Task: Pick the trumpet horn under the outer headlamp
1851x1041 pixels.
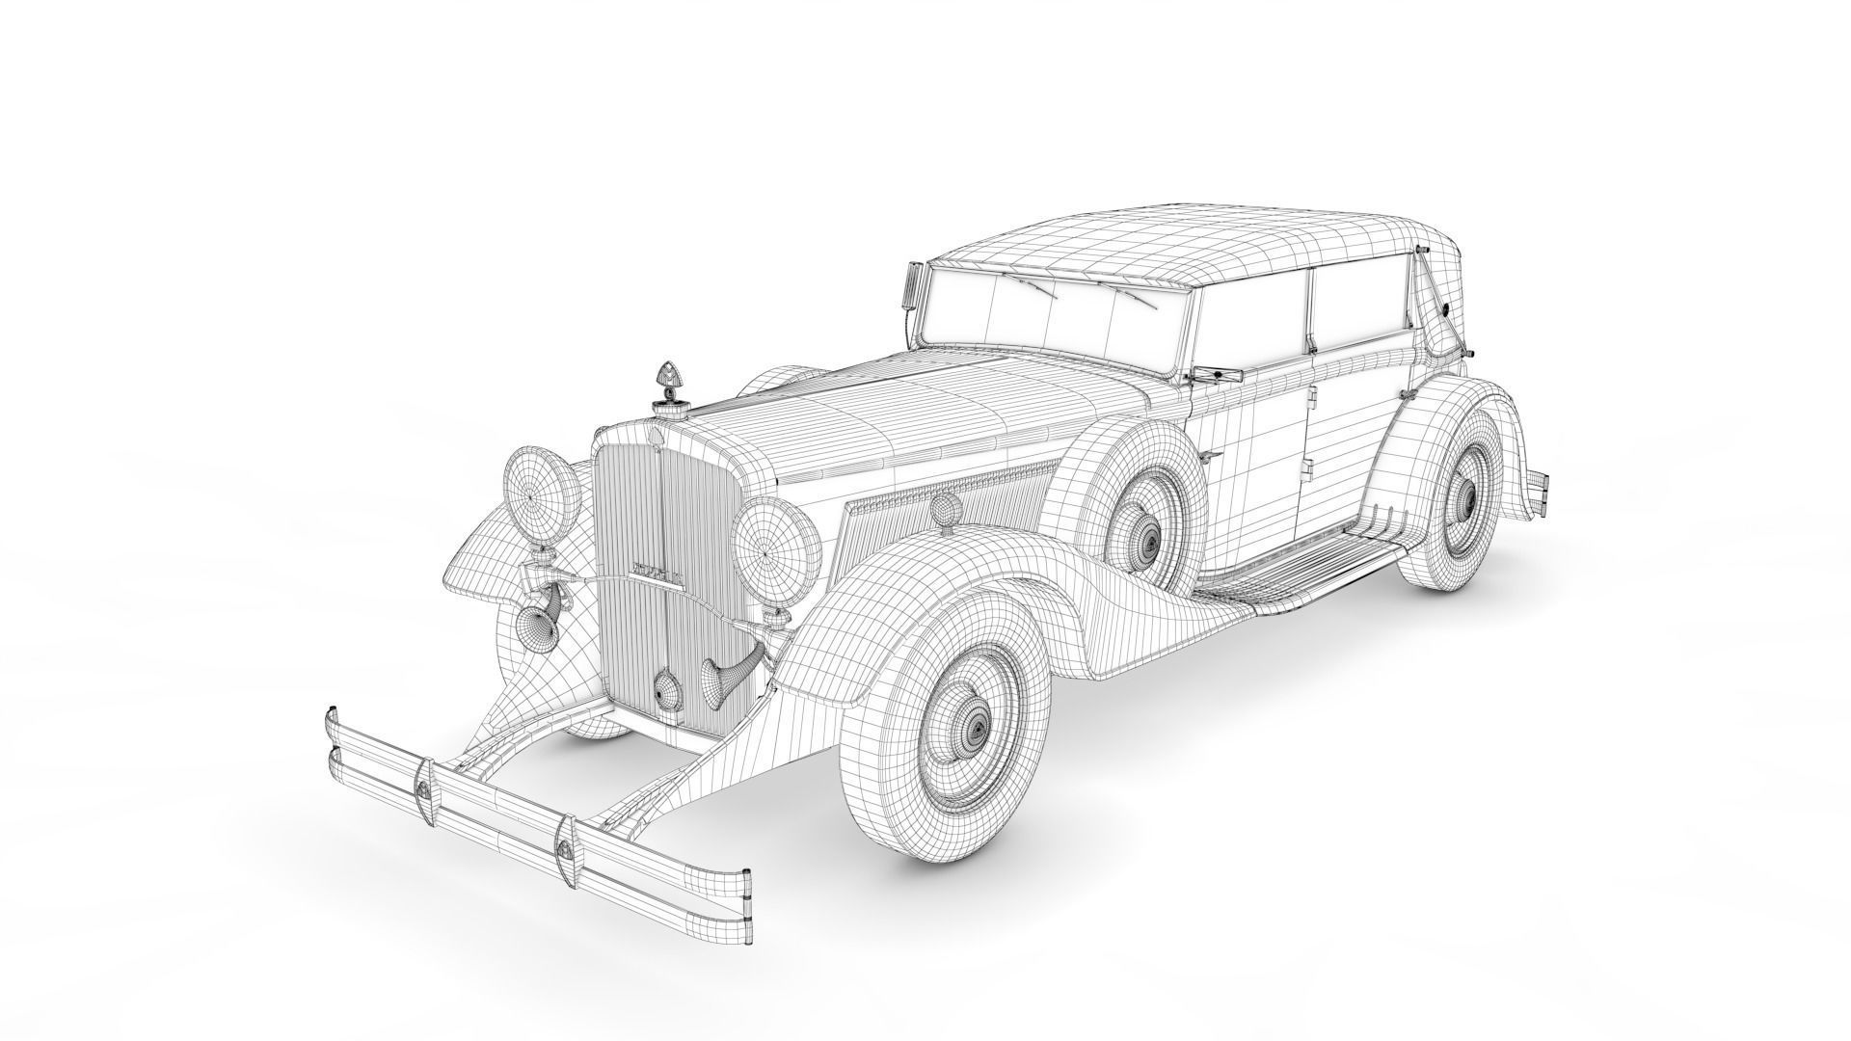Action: coord(532,628)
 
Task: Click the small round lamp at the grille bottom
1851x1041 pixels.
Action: coord(666,688)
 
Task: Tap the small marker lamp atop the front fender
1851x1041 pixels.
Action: coord(943,508)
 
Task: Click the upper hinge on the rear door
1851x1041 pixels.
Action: coord(1314,394)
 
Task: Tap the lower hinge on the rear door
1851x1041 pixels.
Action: coord(1308,467)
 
